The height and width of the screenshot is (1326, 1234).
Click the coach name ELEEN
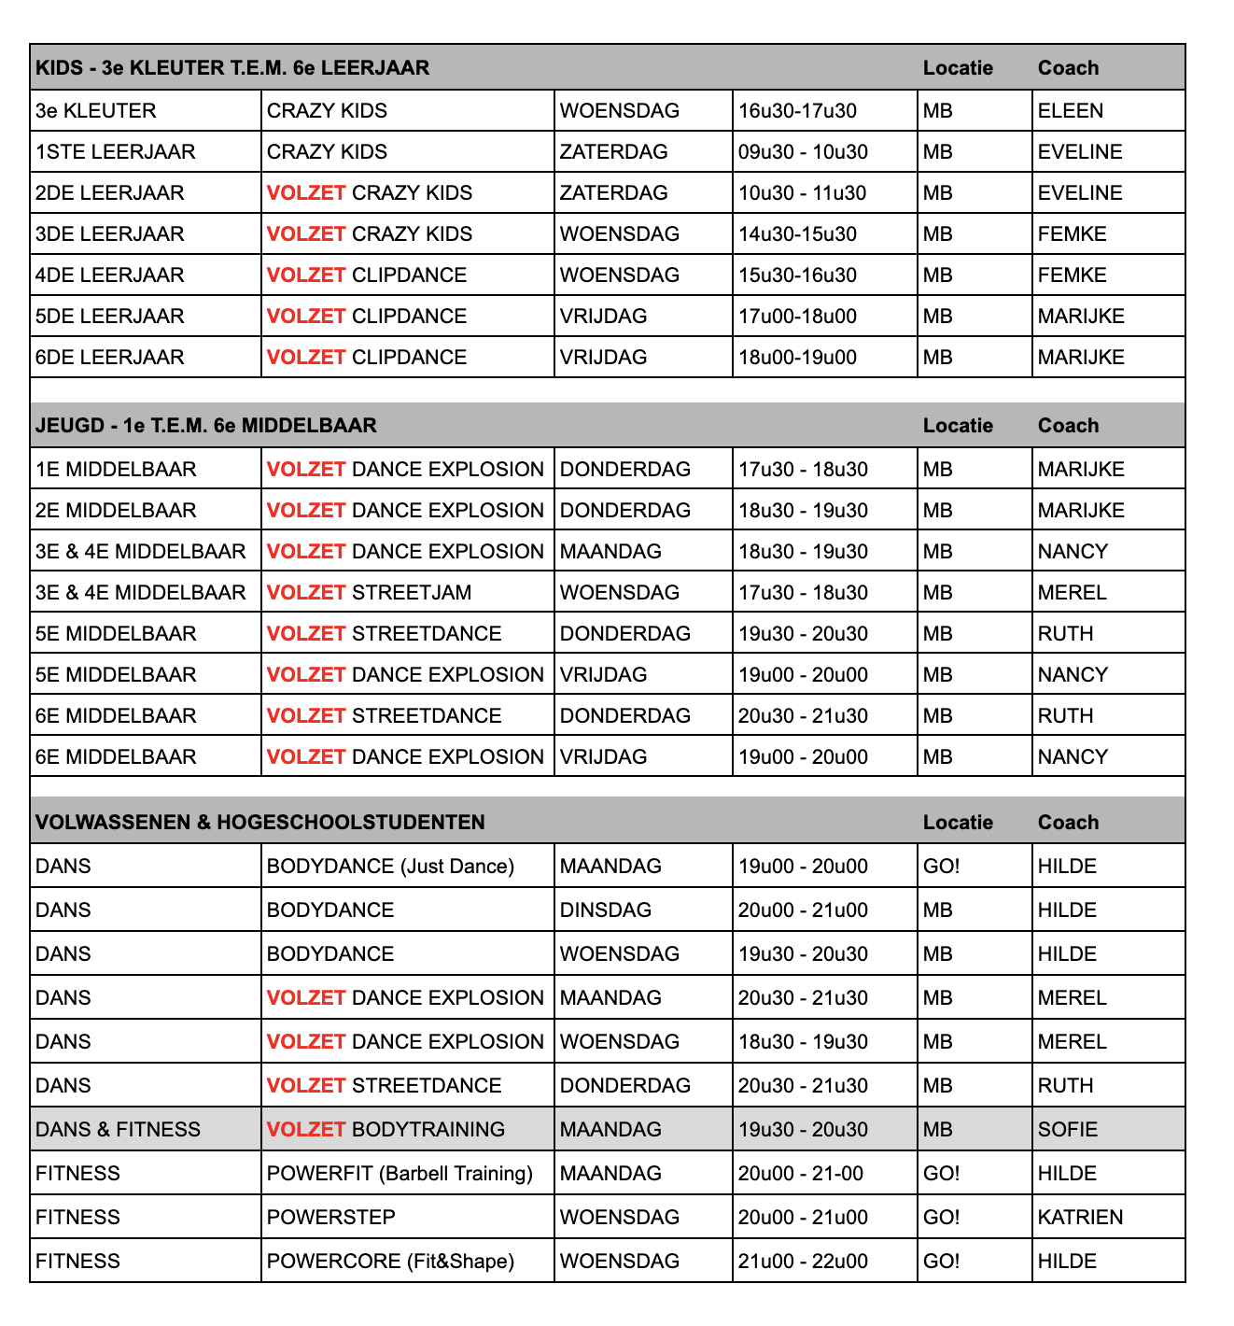pos(1070,111)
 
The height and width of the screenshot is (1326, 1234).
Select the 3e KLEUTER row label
pos(95,111)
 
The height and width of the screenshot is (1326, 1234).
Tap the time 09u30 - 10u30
pos(803,152)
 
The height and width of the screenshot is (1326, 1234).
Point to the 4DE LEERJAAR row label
pos(109,275)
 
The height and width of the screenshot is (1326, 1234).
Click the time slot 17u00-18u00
pos(797,317)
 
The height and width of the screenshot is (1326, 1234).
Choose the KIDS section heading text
pos(232,68)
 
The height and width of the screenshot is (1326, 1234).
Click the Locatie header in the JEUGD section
pos(958,426)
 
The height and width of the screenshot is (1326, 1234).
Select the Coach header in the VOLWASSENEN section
pos(1068,823)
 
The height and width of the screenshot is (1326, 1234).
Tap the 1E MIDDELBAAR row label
pos(116,470)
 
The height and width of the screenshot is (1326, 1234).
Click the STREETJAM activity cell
pos(369,593)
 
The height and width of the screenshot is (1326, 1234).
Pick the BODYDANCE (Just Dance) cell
pos(390,867)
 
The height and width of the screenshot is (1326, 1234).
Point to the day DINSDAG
pos(605,910)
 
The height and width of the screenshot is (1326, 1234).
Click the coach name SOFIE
pos(1067,1130)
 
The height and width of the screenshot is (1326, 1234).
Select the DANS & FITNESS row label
pos(118,1130)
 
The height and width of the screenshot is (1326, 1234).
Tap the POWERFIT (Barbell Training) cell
pos(400,1174)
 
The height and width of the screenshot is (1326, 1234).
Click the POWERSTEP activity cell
pos(330,1218)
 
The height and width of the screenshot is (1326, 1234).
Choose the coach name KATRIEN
pos(1080,1218)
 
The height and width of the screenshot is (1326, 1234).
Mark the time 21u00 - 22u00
pos(803,1262)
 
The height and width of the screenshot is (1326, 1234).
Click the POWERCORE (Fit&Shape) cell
pos(390,1262)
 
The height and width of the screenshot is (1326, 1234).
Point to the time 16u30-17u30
pos(797,111)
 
